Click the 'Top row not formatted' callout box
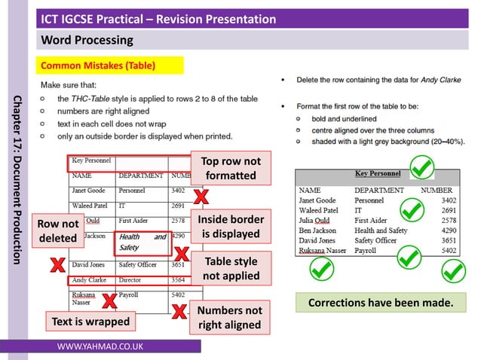(231, 169)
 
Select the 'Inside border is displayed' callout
(231, 226)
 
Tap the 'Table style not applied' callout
(230, 268)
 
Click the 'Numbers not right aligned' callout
(230, 318)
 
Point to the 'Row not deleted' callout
(58, 231)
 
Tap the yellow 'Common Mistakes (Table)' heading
(109, 66)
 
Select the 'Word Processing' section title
(86, 40)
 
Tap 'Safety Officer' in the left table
(137, 265)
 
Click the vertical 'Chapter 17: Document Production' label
(17, 180)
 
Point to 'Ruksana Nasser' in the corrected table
(322, 250)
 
